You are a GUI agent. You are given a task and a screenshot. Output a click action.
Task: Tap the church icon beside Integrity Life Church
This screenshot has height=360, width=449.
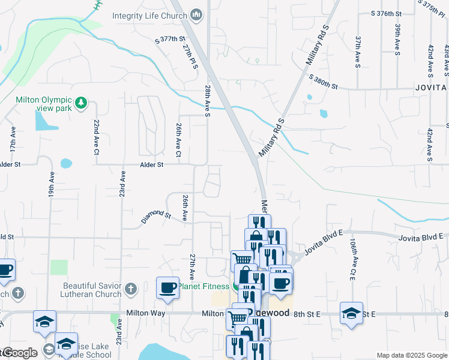[x=196, y=13]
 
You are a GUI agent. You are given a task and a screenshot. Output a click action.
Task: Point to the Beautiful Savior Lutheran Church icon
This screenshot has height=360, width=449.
[x=131, y=290]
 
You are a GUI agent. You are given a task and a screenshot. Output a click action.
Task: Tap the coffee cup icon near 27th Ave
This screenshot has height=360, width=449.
[x=167, y=287]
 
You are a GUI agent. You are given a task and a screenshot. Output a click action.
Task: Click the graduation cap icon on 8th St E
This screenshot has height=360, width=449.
[x=351, y=313]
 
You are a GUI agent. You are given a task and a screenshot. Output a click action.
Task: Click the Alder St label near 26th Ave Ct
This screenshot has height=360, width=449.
[x=151, y=164]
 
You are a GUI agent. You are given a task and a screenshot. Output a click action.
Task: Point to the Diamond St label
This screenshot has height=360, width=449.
[x=156, y=216]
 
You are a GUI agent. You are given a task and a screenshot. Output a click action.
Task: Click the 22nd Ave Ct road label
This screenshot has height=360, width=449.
[x=96, y=137]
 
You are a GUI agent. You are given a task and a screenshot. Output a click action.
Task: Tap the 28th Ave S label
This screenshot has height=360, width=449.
[x=207, y=101]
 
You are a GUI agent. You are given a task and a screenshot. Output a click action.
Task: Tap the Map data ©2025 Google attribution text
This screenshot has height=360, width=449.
[x=411, y=355]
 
